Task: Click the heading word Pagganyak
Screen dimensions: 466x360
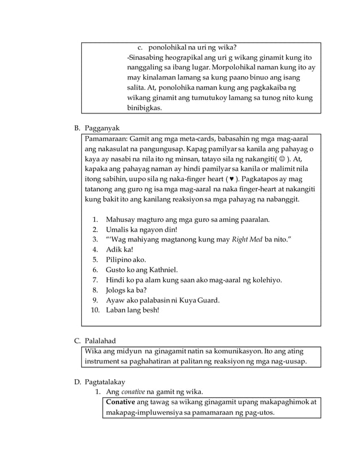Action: tap(103, 128)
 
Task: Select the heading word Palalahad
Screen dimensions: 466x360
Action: tap(103, 341)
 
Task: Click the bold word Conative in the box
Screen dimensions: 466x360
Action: tap(121, 402)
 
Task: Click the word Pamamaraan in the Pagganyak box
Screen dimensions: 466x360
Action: tap(104, 138)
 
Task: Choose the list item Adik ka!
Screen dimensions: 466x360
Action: tap(118, 249)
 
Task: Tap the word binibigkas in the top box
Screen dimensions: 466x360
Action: tap(144, 108)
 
